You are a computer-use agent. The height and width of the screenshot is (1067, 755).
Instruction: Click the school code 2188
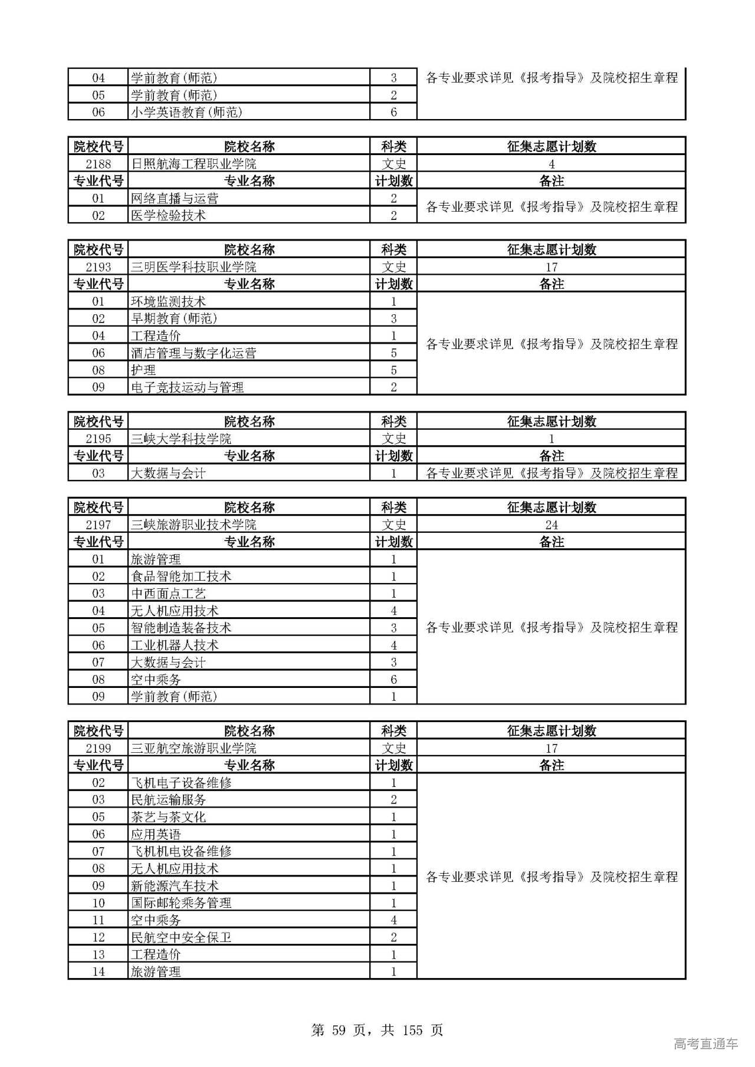98,164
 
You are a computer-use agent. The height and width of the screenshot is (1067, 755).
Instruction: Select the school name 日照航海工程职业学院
193,164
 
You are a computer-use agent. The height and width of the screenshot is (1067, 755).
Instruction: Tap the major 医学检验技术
168,216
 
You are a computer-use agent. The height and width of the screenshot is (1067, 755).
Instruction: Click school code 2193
98,267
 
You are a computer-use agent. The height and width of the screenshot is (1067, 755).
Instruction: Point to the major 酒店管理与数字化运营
193,353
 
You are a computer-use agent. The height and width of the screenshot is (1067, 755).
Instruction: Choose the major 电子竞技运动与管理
187,387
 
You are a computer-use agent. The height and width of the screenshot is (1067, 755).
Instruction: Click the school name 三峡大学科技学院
181,439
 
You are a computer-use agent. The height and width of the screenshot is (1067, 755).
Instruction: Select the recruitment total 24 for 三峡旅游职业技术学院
551,525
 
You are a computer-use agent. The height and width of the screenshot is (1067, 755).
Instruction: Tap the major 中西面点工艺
168,594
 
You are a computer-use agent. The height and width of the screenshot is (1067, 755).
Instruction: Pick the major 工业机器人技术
175,645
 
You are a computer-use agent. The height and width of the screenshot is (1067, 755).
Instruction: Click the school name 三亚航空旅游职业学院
193,748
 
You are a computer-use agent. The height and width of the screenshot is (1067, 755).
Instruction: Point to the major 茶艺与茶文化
168,817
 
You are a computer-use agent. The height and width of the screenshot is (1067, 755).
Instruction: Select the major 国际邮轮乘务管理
181,903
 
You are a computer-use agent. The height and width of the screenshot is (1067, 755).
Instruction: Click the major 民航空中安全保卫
181,937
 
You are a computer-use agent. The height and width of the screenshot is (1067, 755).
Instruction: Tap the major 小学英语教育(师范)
186,112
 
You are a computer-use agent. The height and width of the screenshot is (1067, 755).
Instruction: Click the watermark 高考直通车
705,1043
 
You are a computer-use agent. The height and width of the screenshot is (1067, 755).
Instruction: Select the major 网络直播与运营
175,199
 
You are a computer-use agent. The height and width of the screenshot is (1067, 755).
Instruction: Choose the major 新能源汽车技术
175,885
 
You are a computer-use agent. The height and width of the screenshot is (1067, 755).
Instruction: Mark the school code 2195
98,439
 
